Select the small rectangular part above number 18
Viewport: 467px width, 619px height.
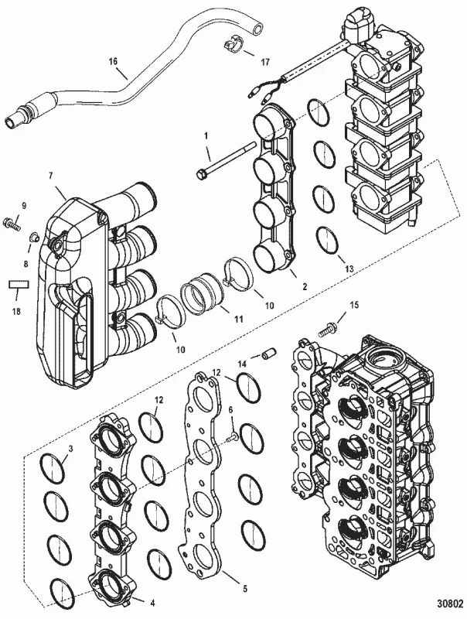18,285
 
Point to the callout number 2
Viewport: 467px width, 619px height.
304,286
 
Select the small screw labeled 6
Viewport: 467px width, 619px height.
232,438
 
